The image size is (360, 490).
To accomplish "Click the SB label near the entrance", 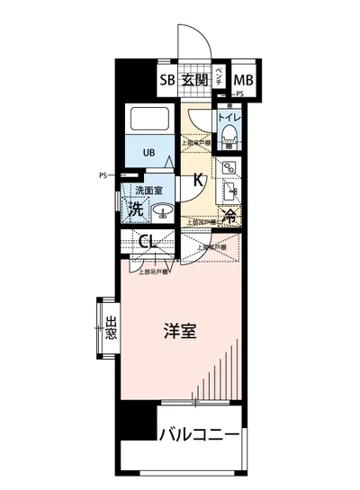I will [x=166, y=80].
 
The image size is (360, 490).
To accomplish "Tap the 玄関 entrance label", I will [x=194, y=80].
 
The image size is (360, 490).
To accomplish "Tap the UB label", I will [x=148, y=152].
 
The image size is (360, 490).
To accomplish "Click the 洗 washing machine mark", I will [x=136, y=210].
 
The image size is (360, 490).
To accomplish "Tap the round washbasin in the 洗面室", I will [x=163, y=213].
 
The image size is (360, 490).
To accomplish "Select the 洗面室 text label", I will [x=148, y=191].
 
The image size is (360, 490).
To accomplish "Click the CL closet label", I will [x=149, y=241].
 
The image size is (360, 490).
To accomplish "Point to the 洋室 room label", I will [x=181, y=330].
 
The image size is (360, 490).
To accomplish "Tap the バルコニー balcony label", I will [x=199, y=436].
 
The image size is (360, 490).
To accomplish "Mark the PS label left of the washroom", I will [x=103, y=176].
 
